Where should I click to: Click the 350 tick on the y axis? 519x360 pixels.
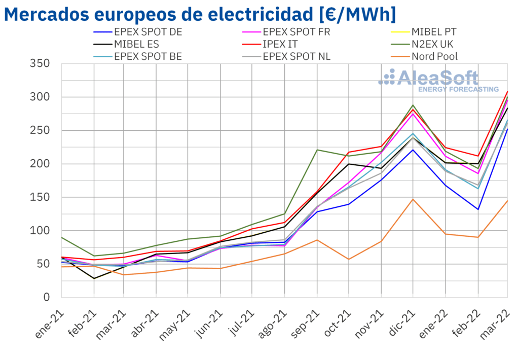[x=40, y=64]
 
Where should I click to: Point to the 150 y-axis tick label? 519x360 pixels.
[x=40, y=197]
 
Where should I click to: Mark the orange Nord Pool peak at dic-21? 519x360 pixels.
[x=413, y=199]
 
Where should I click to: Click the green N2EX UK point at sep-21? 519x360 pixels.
[x=317, y=150]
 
